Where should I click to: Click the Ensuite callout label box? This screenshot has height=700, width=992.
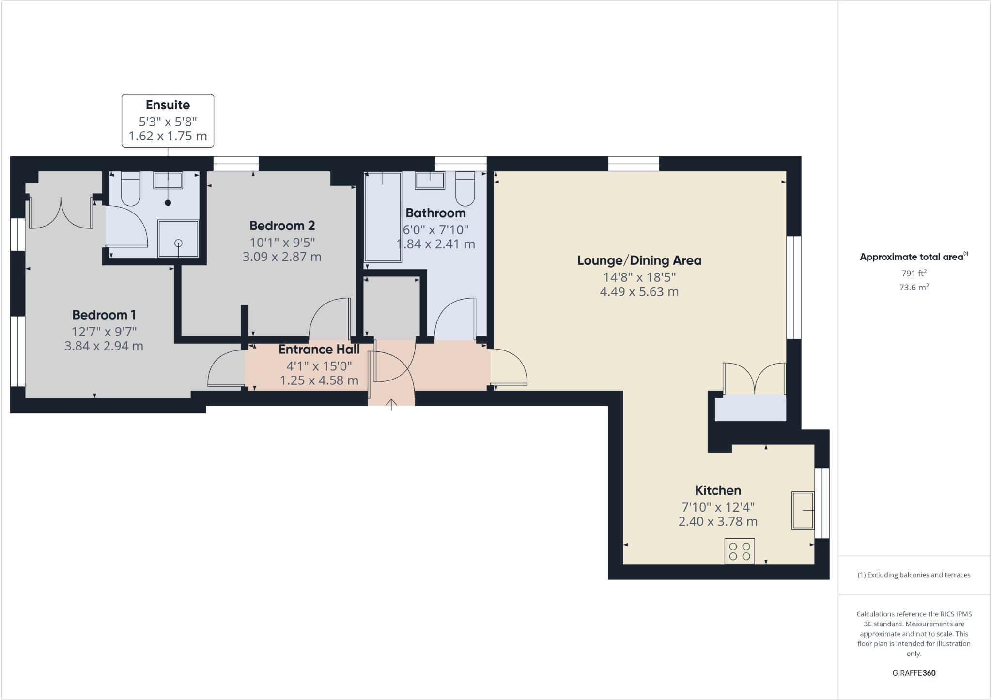168,121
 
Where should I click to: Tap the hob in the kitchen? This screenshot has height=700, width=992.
740,551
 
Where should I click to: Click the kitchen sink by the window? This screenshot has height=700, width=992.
803,510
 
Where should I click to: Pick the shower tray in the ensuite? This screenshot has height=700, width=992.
178,239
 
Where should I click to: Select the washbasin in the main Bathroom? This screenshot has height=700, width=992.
430,181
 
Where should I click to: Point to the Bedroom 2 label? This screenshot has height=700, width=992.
282,226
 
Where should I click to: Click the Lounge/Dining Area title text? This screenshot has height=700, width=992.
639,260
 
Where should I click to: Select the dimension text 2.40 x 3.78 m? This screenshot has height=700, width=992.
718,522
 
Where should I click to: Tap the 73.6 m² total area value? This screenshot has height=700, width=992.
914,288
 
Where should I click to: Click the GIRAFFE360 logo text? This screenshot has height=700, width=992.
914,673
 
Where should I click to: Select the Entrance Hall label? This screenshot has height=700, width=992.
319,350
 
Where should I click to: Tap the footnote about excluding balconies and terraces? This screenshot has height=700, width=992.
914,575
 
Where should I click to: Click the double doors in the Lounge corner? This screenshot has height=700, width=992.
754,379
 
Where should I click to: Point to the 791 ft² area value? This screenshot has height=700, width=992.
914,273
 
